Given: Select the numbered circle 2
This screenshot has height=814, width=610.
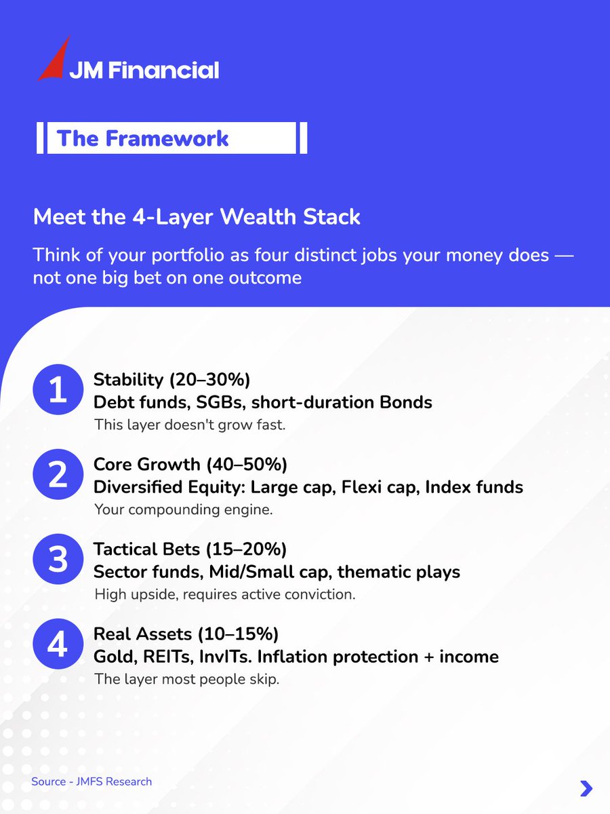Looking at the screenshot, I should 58,477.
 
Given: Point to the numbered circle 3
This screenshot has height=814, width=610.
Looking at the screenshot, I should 58,561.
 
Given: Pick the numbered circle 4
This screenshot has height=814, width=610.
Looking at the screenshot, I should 58,645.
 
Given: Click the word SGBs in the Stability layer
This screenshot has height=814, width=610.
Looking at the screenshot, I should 221,402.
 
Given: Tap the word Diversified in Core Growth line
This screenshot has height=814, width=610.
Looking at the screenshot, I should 136,487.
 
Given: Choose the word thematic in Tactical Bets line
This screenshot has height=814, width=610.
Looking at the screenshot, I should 373,572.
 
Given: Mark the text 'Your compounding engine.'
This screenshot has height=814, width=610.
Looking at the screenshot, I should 183,509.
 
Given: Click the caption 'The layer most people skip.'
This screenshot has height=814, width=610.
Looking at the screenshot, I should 186,679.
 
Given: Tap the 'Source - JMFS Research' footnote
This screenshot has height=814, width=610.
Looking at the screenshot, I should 91,781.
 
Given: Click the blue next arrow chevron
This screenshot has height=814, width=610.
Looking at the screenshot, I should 586,788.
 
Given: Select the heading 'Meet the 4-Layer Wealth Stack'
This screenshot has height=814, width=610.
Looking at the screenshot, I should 197,217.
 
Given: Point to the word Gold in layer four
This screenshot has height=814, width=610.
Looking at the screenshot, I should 110,657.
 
